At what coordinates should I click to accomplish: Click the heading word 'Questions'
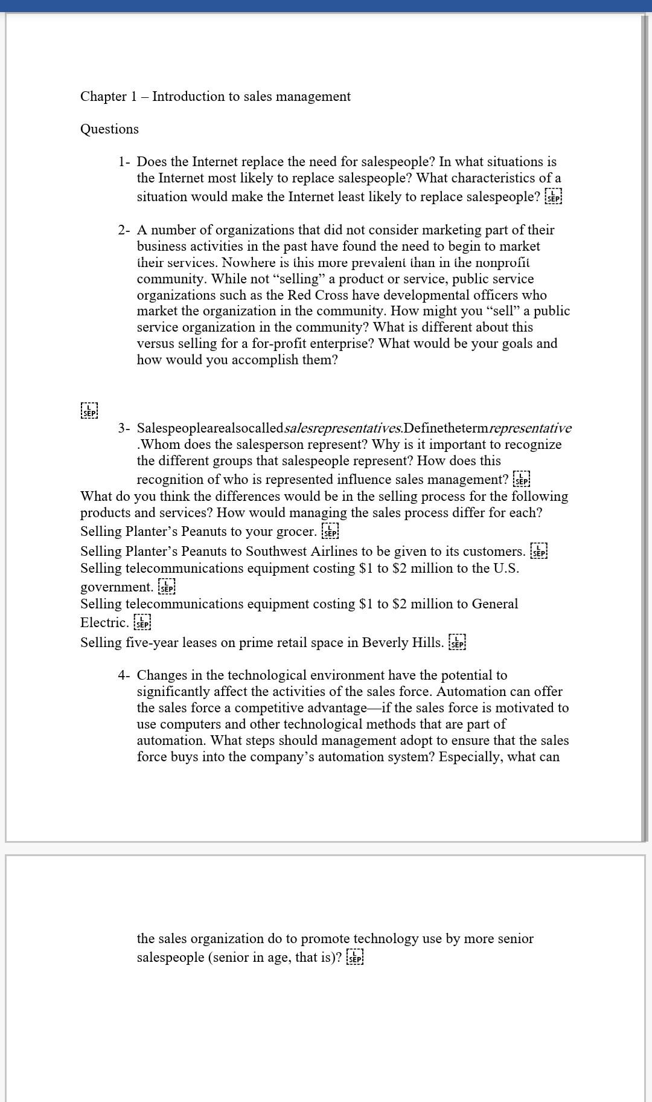109,129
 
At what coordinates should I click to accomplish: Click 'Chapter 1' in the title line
103,97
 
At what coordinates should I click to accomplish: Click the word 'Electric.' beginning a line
104,622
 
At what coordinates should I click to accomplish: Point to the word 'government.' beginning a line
117,587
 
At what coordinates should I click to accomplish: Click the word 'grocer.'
296,532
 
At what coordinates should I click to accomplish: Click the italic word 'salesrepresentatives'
342,428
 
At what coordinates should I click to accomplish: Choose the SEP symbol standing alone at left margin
89,410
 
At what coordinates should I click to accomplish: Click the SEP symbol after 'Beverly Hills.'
458,642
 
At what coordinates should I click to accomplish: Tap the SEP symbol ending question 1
553,197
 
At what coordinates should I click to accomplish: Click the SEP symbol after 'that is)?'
355,958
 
